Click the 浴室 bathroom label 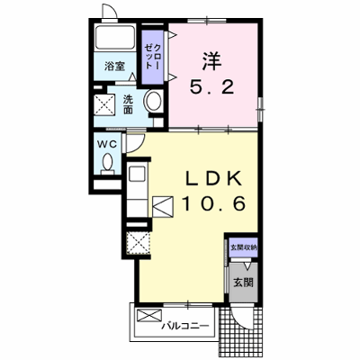pyautogui.click(x=114, y=66)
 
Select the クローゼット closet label pyautogui.click(x=153, y=57)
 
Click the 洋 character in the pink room pyautogui.click(x=211, y=61)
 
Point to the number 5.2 pyautogui.click(x=211, y=87)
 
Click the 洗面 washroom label pyautogui.click(x=129, y=104)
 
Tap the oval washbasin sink pyautogui.click(x=154, y=101)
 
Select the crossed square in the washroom pyautogui.click(x=104, y=104)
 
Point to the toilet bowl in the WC pyautogui.click(x=107, y=164)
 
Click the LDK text pyautogui.click(x=213, y=179)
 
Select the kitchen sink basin pyautogui.click(x=137, y=174)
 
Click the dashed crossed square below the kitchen pyautogui.click(x=138, y=243)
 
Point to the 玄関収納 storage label pyautogui.click(x=243, y=247)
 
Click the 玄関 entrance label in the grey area pyautogui.click(x=243, y=282)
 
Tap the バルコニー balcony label pyautogui.click(x=185, y=326)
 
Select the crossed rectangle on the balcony pyautogui.click(x=149, y=316)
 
